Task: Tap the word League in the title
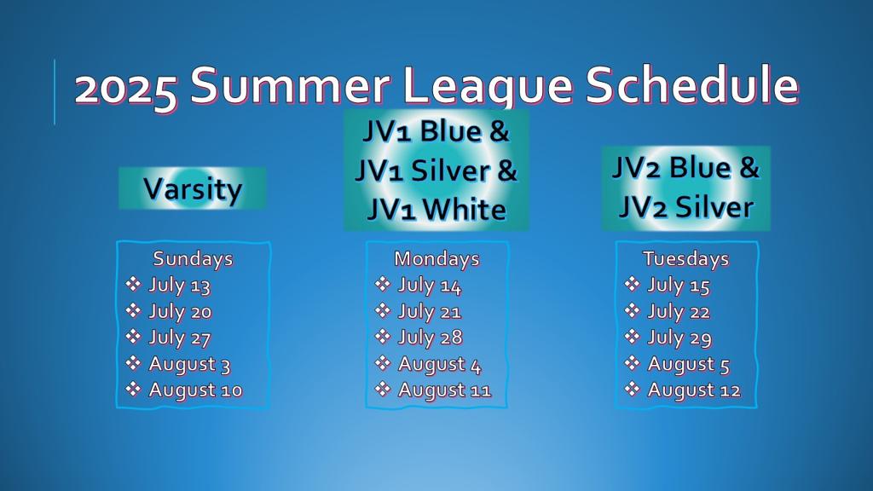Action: coord(488,86)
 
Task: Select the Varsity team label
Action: coord(193,189)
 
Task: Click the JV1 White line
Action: coord(436,210)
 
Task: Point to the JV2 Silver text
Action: coord(686,207)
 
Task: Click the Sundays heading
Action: coord(194,259)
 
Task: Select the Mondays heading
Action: coord(436,259)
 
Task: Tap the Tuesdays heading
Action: coord(686,259)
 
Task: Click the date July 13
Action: coord(179,286)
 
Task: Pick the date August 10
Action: coord(195,390)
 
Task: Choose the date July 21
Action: coord(430,312)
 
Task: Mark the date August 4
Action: coord(439,365)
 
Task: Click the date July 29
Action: coord(679,338)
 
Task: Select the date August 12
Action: coord(694,390)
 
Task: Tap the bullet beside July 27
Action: coord(133,336)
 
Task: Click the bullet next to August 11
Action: coord(383,389)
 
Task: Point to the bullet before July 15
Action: coord(632,284)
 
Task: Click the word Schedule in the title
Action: coord(692,85)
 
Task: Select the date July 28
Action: coord(430,338)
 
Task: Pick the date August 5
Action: coord(688,365)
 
